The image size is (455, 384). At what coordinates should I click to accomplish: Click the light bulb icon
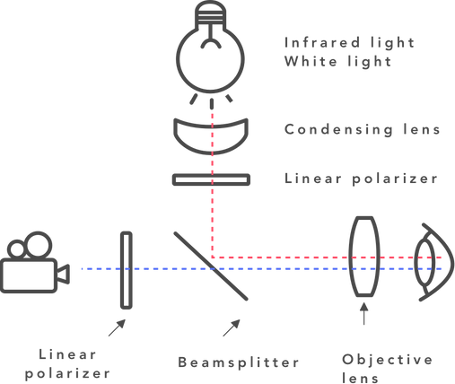tap(210, 48)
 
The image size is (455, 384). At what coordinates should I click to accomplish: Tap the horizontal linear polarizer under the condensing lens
tap(211, 179)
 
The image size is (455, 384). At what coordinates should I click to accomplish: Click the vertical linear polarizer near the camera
tap(127, 270)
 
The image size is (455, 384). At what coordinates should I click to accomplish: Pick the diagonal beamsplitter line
tap(211, 266)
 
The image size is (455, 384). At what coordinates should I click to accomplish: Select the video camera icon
tap(35, 262)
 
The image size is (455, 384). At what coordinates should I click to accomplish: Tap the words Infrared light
tap(349, 43)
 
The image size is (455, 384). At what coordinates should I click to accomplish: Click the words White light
tap(337, 62)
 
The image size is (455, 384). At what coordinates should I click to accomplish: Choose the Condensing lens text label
tap(362, 129)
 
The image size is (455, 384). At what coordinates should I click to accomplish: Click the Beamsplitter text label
tap(239, 362)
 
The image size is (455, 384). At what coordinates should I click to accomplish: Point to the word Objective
tap(388, 360)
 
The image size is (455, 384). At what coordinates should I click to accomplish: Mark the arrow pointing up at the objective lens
tap(364, 314)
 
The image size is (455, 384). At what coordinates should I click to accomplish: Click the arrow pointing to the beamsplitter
tap(232, 327)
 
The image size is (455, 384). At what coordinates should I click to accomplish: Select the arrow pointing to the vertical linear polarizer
tap(117, 327)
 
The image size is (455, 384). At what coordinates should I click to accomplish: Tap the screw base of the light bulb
tap(210, 15)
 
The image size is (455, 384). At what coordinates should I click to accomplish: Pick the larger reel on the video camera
tap(38, 244)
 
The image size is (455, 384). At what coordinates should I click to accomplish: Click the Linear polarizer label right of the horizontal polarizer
tap(361, 179)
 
